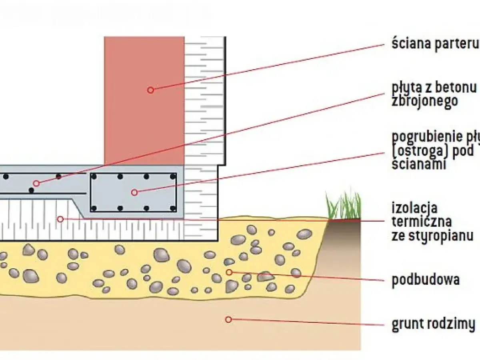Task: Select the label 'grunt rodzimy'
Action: click(434, 323)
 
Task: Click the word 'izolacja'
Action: click(415, 208)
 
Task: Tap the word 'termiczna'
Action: click(422, 221)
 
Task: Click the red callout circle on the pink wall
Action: click(150, 90)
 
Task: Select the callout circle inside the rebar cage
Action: click(134, 192)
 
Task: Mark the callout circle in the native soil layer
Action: click(228, 319)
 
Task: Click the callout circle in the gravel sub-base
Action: click(229, 272)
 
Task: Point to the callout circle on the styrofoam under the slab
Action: click(60, 219)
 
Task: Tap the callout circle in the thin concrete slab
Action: click(36, 183)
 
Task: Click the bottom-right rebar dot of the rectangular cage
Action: click(173, 208)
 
